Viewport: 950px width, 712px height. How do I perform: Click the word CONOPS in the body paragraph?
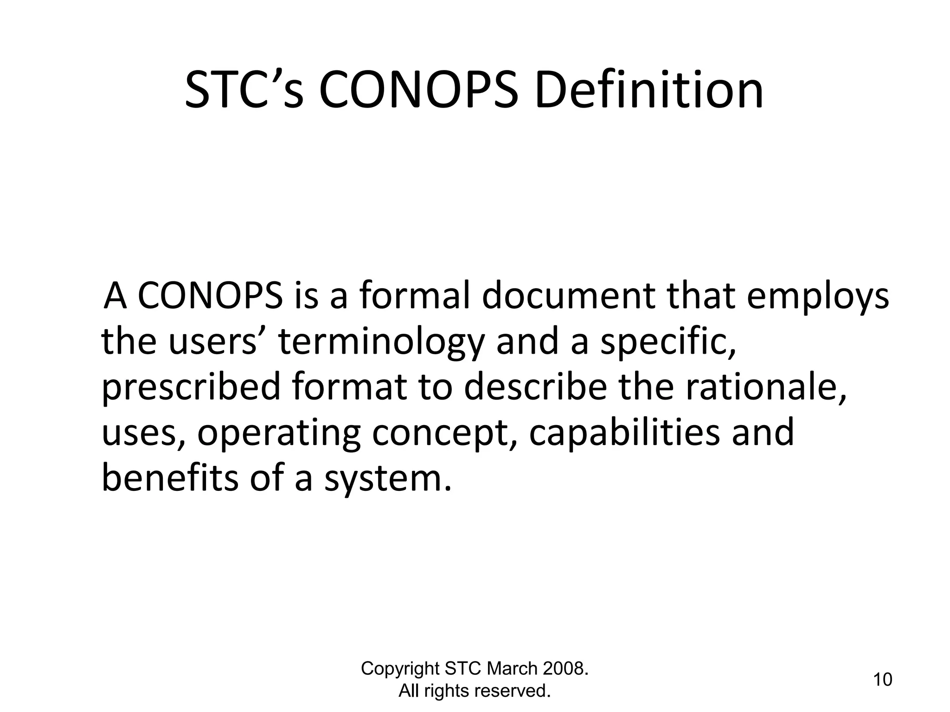pyautogui.click(x=210, y=296)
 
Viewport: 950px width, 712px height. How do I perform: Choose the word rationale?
pyautogui.click(x=766, y=388)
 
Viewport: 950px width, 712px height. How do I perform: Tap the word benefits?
pyautogui.click(x=169, y=478)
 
